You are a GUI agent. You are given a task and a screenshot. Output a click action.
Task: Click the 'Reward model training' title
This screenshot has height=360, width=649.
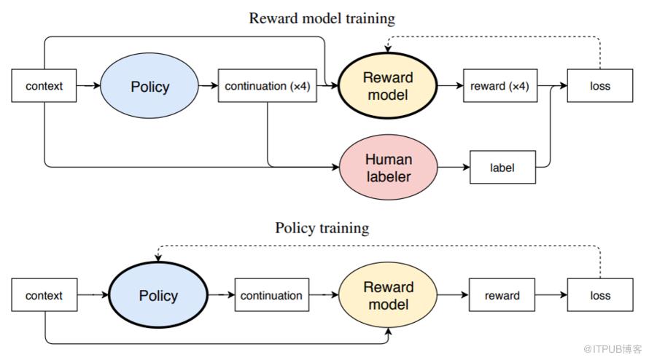(x=322, y=18)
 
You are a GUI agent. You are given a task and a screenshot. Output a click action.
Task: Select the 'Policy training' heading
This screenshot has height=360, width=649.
(x=322, y=228)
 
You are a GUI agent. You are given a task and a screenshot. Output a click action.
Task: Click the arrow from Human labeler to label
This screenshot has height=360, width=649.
(x=454, y=167)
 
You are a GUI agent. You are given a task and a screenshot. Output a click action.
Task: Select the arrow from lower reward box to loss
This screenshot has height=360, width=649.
(x=551, y=295)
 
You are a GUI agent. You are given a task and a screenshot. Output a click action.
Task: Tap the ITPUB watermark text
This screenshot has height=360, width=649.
(x=613, y=349)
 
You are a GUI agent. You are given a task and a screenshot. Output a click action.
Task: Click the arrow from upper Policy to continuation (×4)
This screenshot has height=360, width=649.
(x=209, y=86)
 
